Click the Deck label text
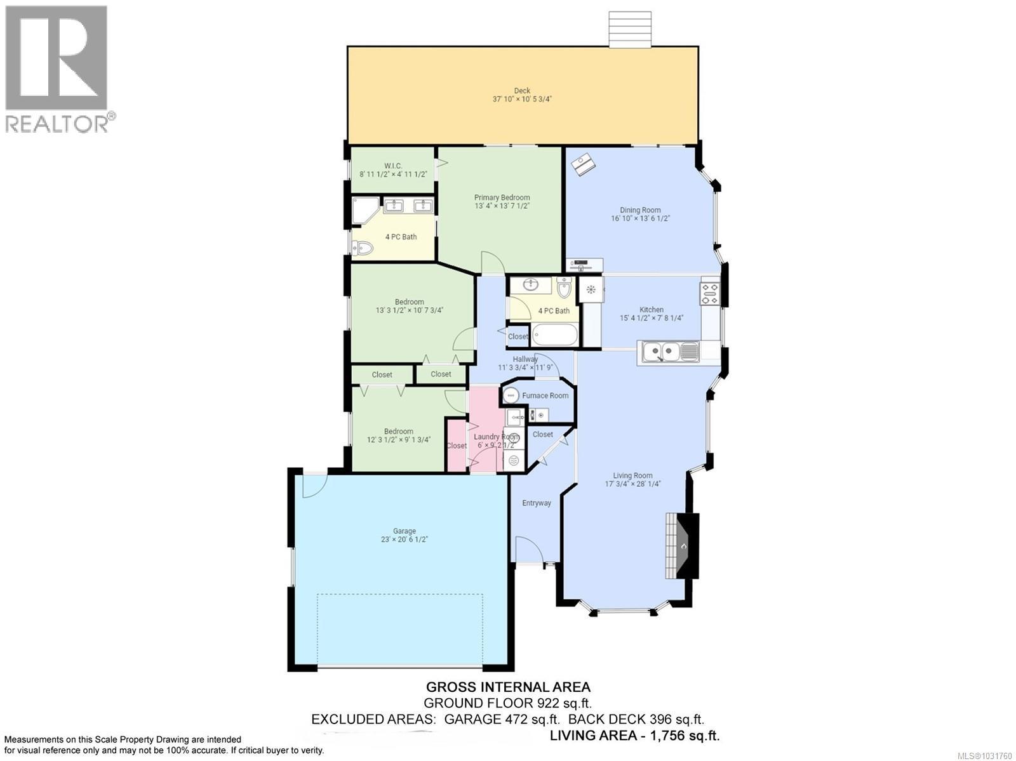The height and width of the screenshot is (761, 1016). (x=522, y=91)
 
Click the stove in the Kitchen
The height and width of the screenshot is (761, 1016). (x=709, y=294)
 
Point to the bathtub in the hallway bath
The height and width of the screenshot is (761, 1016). (x=554, y=334)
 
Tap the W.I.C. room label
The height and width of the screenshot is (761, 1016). (x=393, y=166)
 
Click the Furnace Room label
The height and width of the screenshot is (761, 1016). (x=545, y=395)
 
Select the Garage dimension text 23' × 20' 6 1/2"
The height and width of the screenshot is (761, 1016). (x=404, y=539)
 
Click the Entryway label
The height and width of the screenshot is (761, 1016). (x=537, y=503)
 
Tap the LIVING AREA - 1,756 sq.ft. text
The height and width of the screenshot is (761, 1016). (x=634, y=736)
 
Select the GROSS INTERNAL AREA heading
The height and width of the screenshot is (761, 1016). (x=508, y=687)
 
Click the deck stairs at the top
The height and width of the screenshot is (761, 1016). (x=631, y=29)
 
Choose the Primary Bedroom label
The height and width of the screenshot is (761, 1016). (x=502, y=197)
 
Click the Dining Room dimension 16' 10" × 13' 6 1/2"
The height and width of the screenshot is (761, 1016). (x=640, y=218)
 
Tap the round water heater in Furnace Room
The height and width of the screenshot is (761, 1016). (x=511, y=395)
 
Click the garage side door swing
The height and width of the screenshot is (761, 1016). (x=314, y=486)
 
